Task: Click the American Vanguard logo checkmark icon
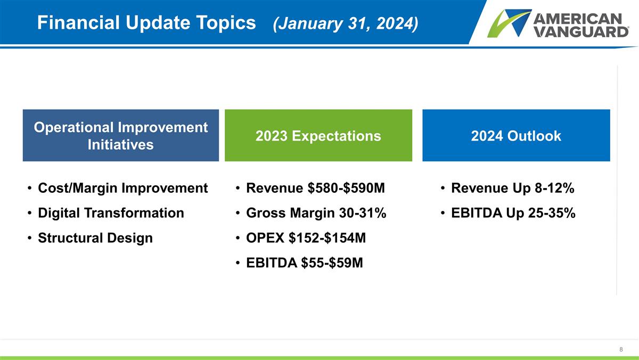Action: (x=509, y=23)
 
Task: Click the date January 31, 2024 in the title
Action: (x=346, y=23)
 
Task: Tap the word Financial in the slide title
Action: (x=78, y=22)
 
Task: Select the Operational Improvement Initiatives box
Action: (x=121, y=135)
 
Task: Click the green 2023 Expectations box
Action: (x=318, y=135)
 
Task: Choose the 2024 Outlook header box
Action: (x=516, y=135)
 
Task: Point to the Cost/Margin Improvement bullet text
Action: (x=123, y=189)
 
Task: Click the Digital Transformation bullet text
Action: (x=111, y=213)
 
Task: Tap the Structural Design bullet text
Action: (x=95, y=238)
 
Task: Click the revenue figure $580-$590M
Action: (x=346, y=188)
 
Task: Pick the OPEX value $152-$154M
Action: (x=327, y=238)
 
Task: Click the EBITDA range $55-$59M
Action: (x=332, y=263)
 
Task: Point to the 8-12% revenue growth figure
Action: (x=554, y=188)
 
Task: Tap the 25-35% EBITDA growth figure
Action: (x=552, y=213)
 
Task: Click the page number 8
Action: (x=621, y=349)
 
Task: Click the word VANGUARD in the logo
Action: (x=580, y=31)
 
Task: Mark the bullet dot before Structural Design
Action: (x=29, y=238)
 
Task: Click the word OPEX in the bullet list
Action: (x=265, y=238)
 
